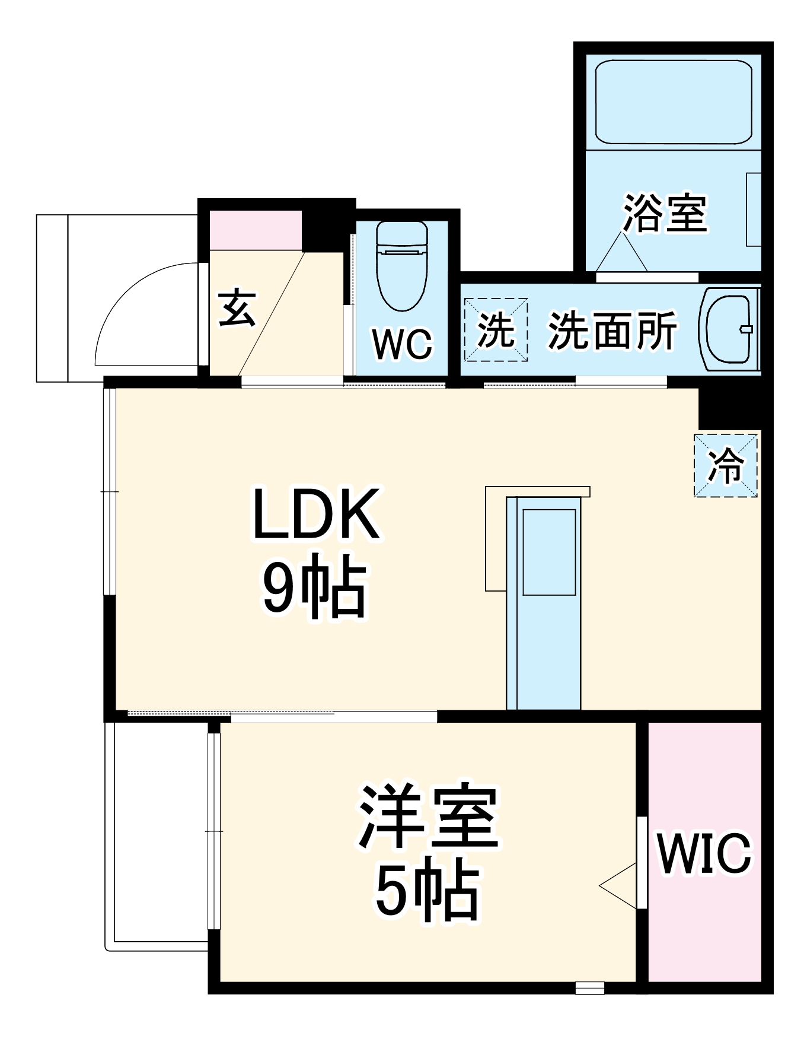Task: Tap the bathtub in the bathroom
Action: (673, 102)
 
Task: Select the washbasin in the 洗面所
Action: (729, 329)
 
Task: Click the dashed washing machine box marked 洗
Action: (496, 329)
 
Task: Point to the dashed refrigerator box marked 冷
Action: (726, 465)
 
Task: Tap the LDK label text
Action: (315, 514)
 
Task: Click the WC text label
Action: (402, 344)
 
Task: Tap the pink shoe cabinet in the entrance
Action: (256, 230)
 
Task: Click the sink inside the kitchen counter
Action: (548, 552)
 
